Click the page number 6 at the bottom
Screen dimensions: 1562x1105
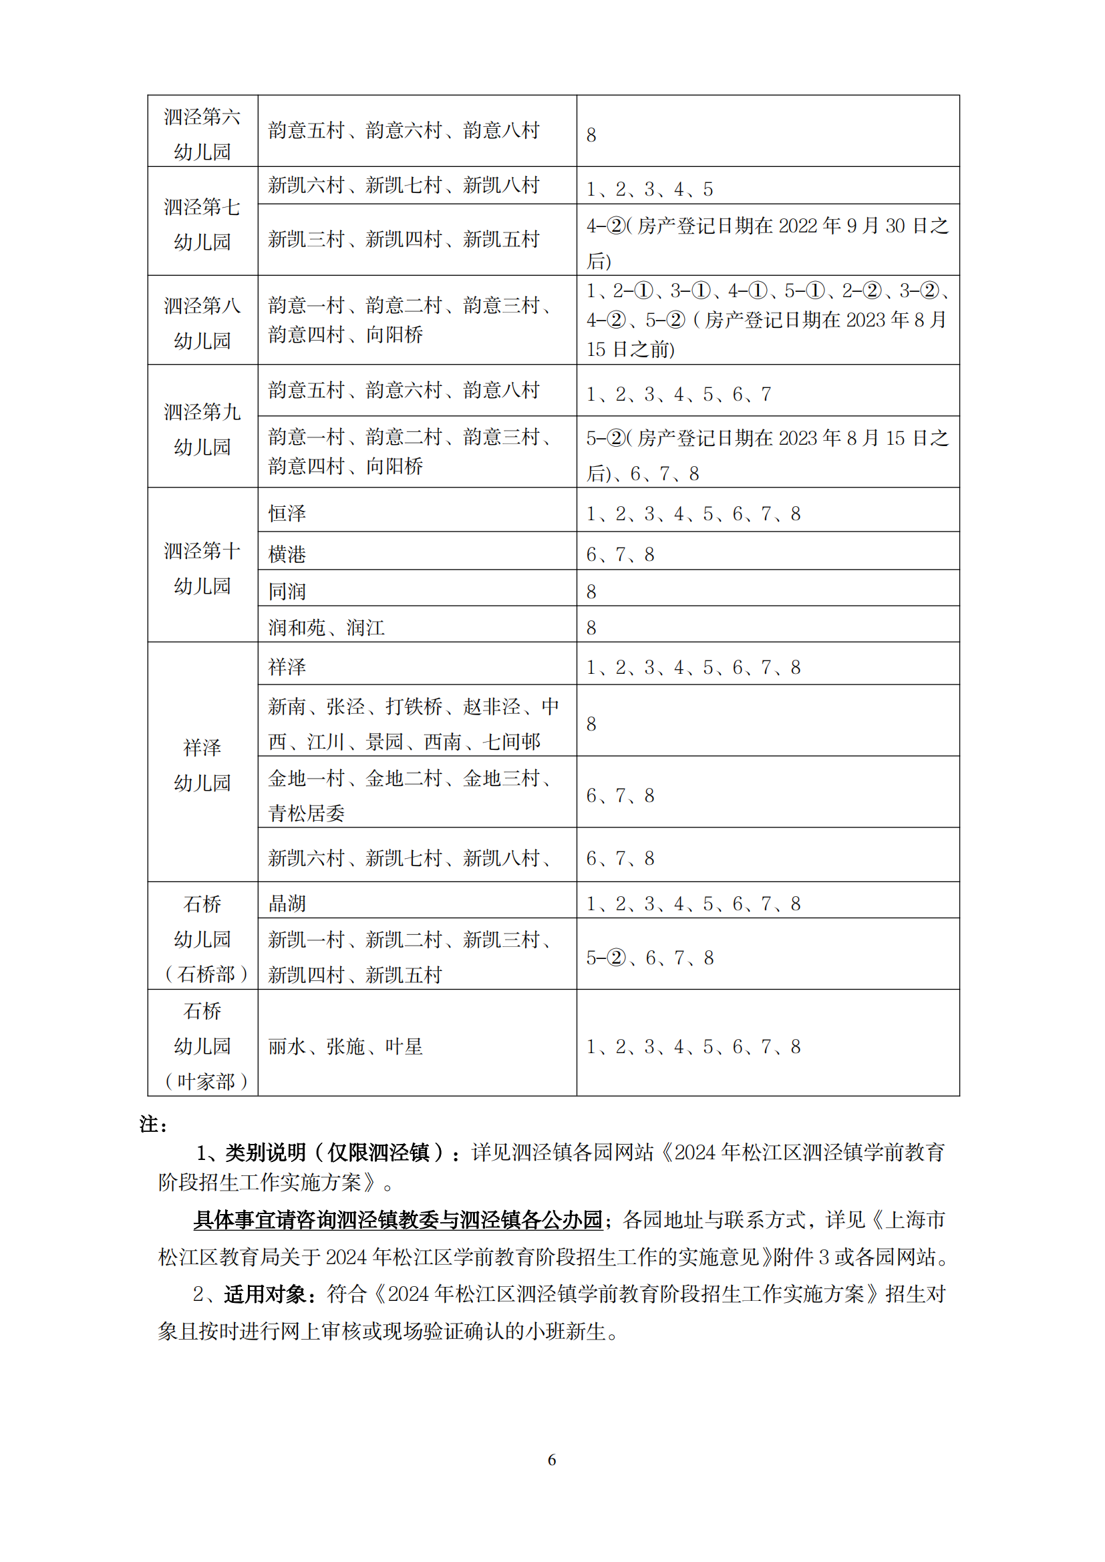[552, 1459]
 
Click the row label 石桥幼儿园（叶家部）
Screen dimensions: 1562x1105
[202, 1046]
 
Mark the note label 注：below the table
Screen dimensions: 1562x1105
[153, 1125]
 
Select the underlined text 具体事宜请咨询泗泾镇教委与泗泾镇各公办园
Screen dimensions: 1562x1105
[398, 1220]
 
